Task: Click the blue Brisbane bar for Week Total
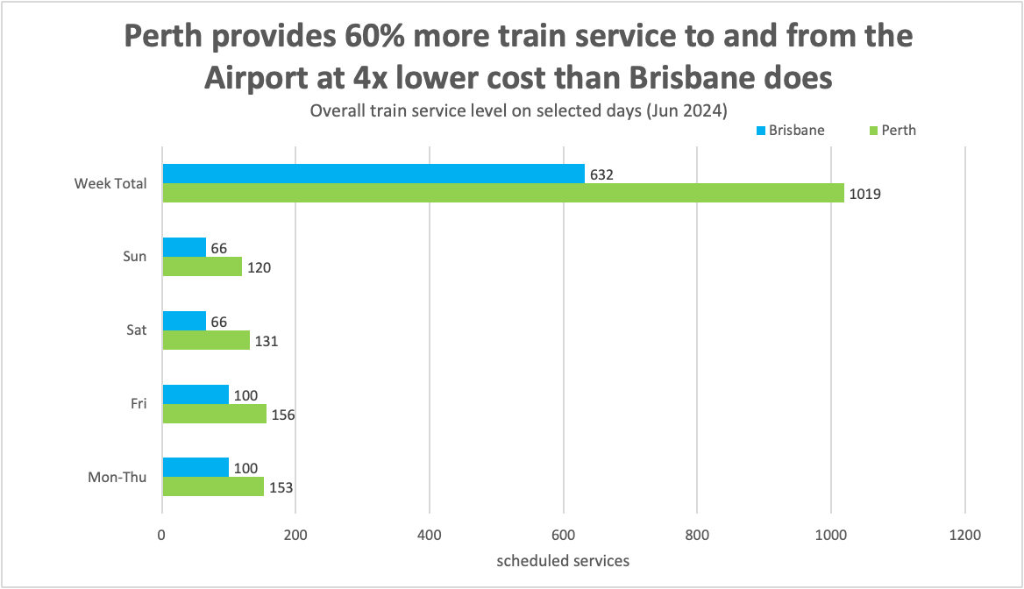coord(373,174)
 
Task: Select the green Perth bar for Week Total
coord(502,193)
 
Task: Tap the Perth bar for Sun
coord(202,266)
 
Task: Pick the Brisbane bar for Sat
coord(184,321)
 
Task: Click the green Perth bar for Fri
coord(214,414)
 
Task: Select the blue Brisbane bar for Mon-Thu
coord(195,467)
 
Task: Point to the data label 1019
coord(864,194)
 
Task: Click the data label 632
coord(601,174)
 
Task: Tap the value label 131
coord(266,341)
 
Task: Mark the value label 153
coord(281,487)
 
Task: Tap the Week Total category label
coord(110,183)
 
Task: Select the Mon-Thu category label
coord(117,478)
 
